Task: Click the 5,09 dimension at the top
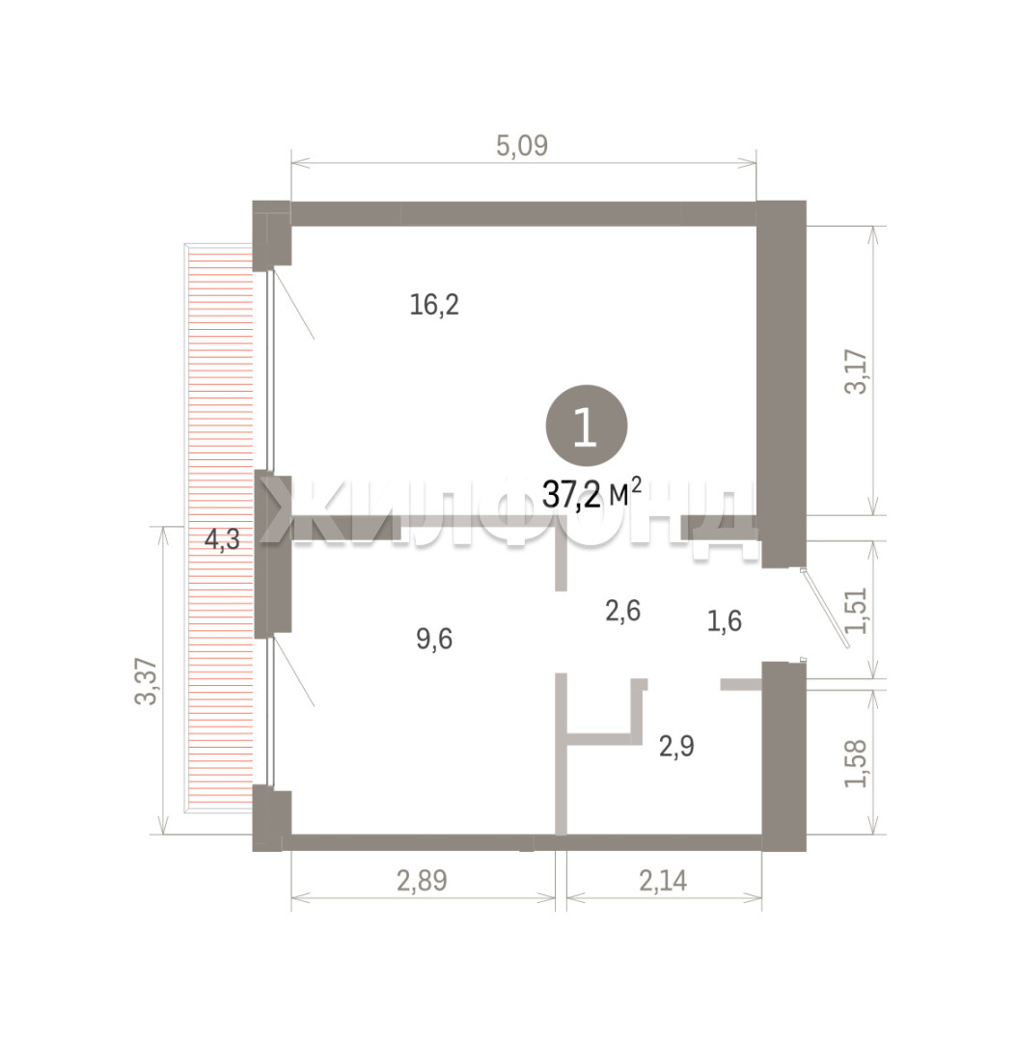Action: coord(522,146)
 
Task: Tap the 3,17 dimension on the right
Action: coord(856,371)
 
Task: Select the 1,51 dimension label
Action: coord(856,610)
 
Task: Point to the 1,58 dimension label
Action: coord(856,763)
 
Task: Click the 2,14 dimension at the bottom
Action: coord(664,881)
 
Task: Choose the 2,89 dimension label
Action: coord(422,881)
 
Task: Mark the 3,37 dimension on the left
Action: coord(146,681)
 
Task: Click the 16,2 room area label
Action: coord(434,305)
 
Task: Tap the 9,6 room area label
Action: coord(434,640)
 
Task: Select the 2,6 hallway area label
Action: coord(622,611)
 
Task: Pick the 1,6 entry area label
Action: coord(724,621)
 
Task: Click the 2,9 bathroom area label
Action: coord(676,746)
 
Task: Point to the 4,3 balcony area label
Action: coord(222,539)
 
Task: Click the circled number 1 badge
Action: coord(587,426)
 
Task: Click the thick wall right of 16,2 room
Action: coord(783,383)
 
